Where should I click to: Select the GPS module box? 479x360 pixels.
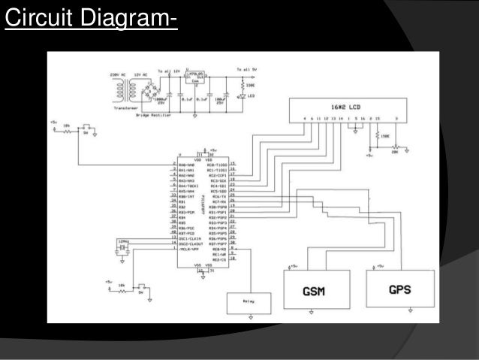pyautogui.click(x=399, y=289)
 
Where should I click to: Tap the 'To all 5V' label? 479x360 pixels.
pyautogui.click(x=248, y=69)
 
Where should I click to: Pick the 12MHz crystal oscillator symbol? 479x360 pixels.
pyautogui.click(x=122, y=247)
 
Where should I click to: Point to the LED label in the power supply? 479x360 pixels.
pyautogui.click(x=250, y=95)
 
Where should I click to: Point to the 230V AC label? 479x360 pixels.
pyautogui.click(x=113, y=74)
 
